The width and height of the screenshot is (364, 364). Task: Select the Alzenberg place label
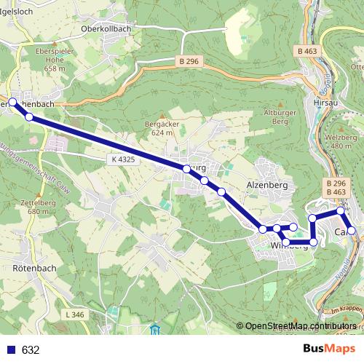click(x=268, y=186)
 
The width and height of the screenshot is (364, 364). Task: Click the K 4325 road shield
click(x=124, y=158)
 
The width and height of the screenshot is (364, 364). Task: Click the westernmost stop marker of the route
click(x=12, y=102)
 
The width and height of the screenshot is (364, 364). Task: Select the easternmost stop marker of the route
click(x=352, y=231)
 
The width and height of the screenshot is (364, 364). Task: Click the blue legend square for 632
click(x=11, y=349)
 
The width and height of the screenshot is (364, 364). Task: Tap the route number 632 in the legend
click(x=30, y=349)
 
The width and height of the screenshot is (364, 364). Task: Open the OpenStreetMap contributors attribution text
click(x=300, y=326)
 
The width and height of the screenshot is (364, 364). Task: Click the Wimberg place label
click(x=288, y=245)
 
